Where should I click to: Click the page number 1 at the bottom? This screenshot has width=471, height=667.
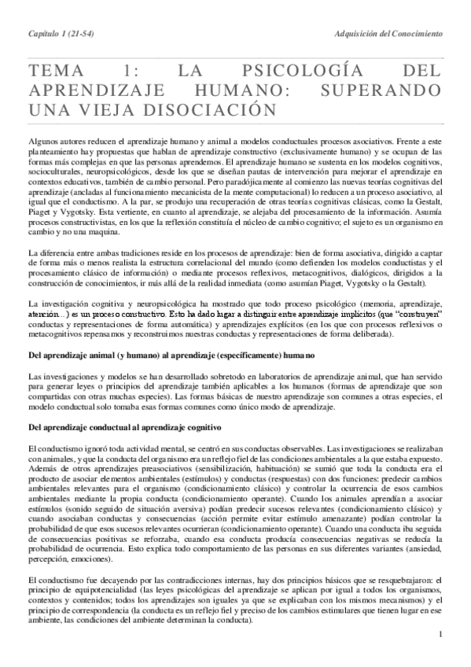pyautogui.click(x=442, y=635)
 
